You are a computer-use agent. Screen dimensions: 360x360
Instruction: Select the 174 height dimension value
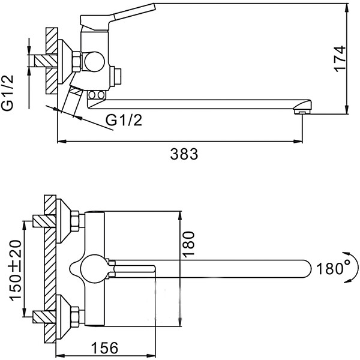(x=340, y=59)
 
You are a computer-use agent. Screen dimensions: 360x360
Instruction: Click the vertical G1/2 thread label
(x=8, y=92)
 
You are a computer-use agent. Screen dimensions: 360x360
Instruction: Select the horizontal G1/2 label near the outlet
(x=124, y=121)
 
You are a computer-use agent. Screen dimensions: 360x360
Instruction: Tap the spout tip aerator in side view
(x=301, y=110)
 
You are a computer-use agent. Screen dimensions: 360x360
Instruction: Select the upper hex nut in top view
(x=76, y=221)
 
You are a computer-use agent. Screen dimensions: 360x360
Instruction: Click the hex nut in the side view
(x=77, y=60)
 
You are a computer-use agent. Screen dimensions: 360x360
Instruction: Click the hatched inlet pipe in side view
(x=46, y=60)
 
